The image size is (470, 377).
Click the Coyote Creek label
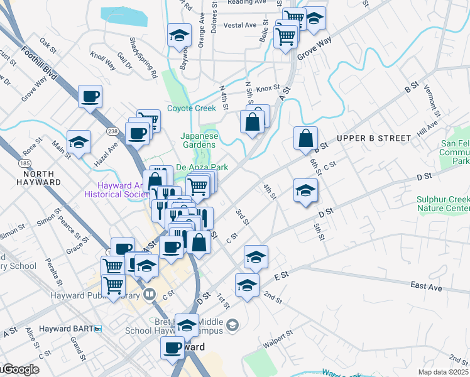pyautogui.click(x=192, y=108)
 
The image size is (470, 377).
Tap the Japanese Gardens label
pyautogui.click(x=200, y=140)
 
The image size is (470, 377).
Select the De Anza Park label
pyautogui.click(x=201, y=168)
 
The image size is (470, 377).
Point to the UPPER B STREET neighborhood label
pyautogui.click(x=373, y=138)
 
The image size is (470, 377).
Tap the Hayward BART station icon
pyautogui.click(x=97, y=329)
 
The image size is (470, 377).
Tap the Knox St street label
pyautogui.click(x=267, y=89)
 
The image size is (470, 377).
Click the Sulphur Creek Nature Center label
pyautogui.click(x=443, y=204)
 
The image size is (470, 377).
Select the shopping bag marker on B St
pyautogui.click(x=305, y=138)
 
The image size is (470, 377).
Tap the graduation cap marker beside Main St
pyautogui.click(x=79, y=142)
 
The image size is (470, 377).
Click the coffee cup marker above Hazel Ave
pyautogui.click(x=90, y=97)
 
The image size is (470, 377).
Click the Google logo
pyautogui.click(x=20, y=369)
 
